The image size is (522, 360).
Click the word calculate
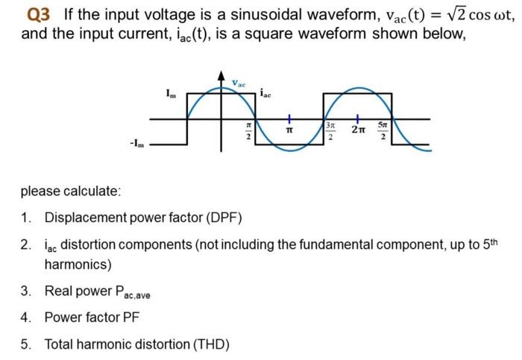coord(92,191)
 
